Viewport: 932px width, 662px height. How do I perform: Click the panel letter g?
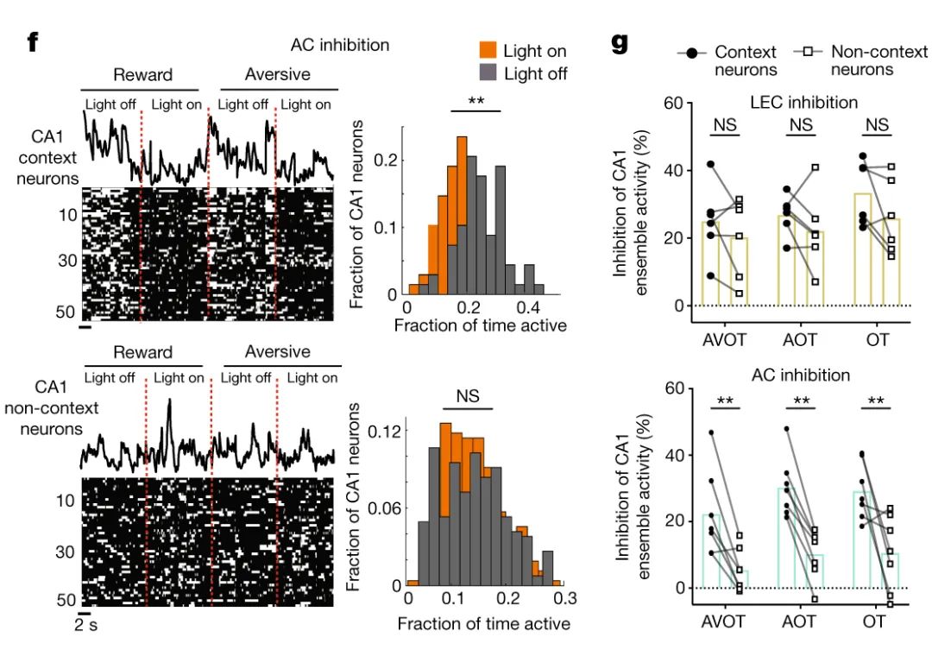(x=620, y=42)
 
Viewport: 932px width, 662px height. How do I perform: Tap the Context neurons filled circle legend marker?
(x=694, y=54)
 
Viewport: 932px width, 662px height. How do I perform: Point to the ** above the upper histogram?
(x=475, y=101)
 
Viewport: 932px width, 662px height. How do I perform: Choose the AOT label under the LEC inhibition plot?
(x=801, y=339)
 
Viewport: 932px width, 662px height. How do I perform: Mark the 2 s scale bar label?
(x=86, y=625)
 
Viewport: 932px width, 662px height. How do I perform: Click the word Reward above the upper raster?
(x=143, y=75)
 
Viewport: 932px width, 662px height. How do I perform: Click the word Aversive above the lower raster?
(x=277, y=352)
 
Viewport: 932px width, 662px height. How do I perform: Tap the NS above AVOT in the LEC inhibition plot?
(x=725, y=125)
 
